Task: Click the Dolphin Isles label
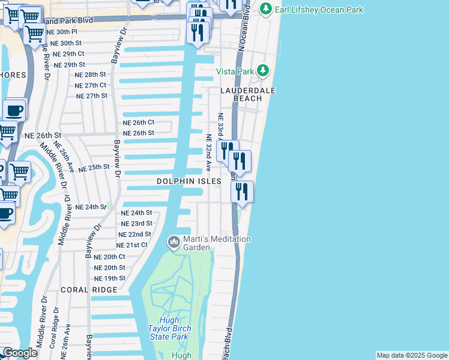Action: coord(189,181)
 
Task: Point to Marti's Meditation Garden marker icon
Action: coord(174,242)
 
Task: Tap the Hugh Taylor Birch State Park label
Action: coord(169,328)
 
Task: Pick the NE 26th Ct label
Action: coord(139,122)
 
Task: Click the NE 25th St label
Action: coord(94,168)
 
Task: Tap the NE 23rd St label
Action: coord(136,223)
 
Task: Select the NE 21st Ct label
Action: coord(132,245)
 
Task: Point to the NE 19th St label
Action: coord(110,278)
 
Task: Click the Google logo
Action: coord(20,353)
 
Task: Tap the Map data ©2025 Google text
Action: coord(411,355)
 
